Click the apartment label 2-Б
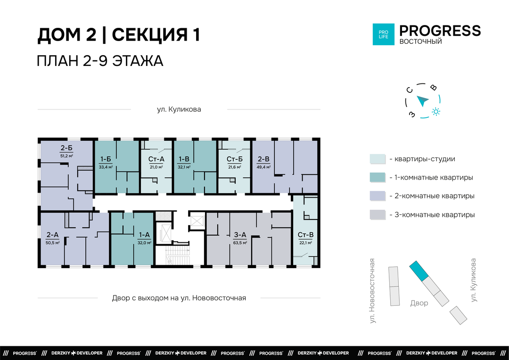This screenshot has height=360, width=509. click(x=66, y=148)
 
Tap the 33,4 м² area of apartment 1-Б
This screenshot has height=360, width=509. click(x=106, y=167)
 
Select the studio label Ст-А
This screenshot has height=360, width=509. click(x=156, y=159)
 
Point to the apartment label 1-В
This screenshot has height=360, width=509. click(x=184, y=159)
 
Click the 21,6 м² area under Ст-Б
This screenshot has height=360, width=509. click(x=234, y=167)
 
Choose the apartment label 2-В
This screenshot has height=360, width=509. click(x=263, y=159)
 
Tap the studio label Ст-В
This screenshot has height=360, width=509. click(x=305, y=235)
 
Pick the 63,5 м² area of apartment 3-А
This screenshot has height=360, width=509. click(x=240, y=243)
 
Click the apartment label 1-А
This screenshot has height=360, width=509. click(x=144, y=235)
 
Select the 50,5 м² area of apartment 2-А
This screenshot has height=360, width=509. click(x=52, y=243)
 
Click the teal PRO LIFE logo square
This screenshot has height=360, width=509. click(x=383, y=34)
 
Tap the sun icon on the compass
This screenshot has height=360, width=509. click(x=435, y=112)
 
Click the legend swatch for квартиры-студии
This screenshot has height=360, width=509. click(x=378, y=159)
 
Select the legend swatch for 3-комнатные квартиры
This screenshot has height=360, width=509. click(x=378, y=215)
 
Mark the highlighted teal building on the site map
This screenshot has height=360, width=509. click(x=419, y=271)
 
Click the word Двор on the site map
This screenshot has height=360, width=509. click(x=419, y=303)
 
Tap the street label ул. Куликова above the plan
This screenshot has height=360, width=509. click(x=179, y=109)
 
